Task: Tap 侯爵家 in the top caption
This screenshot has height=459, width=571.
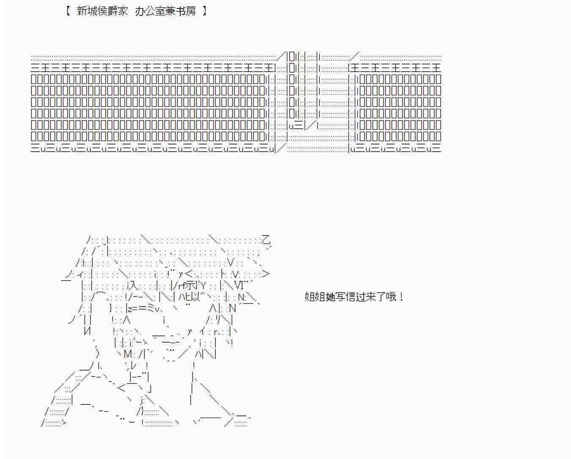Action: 113,11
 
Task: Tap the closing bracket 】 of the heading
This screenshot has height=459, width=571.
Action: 204,11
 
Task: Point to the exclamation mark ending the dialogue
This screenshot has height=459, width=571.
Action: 401,297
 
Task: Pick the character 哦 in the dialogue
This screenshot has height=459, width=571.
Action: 391,297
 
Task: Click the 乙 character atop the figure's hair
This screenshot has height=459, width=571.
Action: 266,240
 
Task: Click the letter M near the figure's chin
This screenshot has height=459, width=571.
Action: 129,354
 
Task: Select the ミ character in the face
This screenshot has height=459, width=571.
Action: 149,309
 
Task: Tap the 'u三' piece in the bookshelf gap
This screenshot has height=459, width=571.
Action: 296,125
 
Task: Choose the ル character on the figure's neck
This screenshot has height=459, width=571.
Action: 133,365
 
